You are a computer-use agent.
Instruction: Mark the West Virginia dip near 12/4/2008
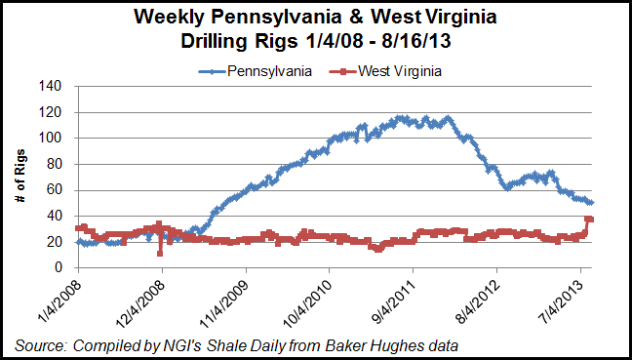[x=159, y=253]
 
